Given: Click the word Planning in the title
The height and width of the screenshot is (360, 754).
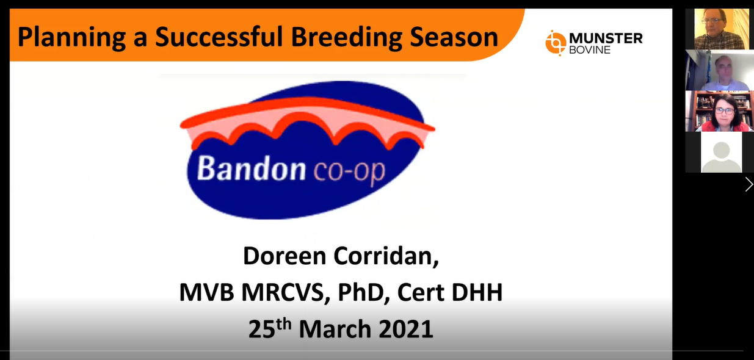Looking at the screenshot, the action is pos(71,37).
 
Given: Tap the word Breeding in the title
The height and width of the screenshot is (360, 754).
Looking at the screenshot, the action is pos(346,37).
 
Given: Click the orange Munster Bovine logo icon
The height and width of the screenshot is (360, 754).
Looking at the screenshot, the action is pos(556,43).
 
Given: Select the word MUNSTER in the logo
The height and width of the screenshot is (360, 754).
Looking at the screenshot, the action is pos(606,38).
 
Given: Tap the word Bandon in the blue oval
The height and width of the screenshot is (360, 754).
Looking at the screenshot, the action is pos(251,168).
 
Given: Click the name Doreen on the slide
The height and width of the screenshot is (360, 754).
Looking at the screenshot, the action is pos(285,256).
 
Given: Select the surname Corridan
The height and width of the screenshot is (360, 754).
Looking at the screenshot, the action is pos(386,257).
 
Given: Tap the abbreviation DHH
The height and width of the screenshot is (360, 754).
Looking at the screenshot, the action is pos(477,292).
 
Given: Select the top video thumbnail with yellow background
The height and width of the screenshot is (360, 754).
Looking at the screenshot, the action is pos(720,29).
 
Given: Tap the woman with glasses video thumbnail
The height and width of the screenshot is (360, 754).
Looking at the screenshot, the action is pos(720,111).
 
